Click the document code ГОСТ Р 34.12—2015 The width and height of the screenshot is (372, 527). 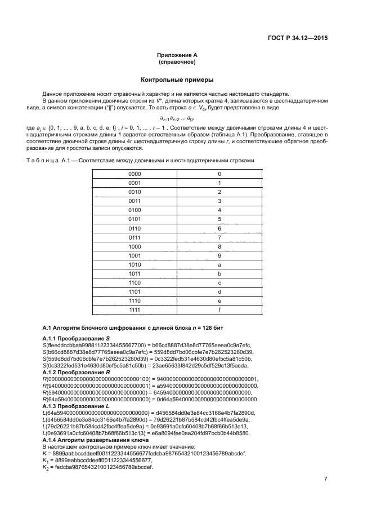(x=298, y=38)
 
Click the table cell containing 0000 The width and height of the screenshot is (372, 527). (x=135, y=174)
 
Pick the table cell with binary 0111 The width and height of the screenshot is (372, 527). (x=135, y=237)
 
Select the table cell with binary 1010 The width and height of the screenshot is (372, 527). (x=135, y=264)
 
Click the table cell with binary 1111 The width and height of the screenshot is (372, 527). (x=135, y=309)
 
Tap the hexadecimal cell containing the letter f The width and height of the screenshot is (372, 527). (x=219, y=309)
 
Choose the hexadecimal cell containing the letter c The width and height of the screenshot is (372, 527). (x=219, y=282)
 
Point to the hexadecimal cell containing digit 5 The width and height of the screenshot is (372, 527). (x=219, y=219)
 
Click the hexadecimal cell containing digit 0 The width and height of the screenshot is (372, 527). (x=219, y=174)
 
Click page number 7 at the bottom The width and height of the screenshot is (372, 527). (x=325, y=479)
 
